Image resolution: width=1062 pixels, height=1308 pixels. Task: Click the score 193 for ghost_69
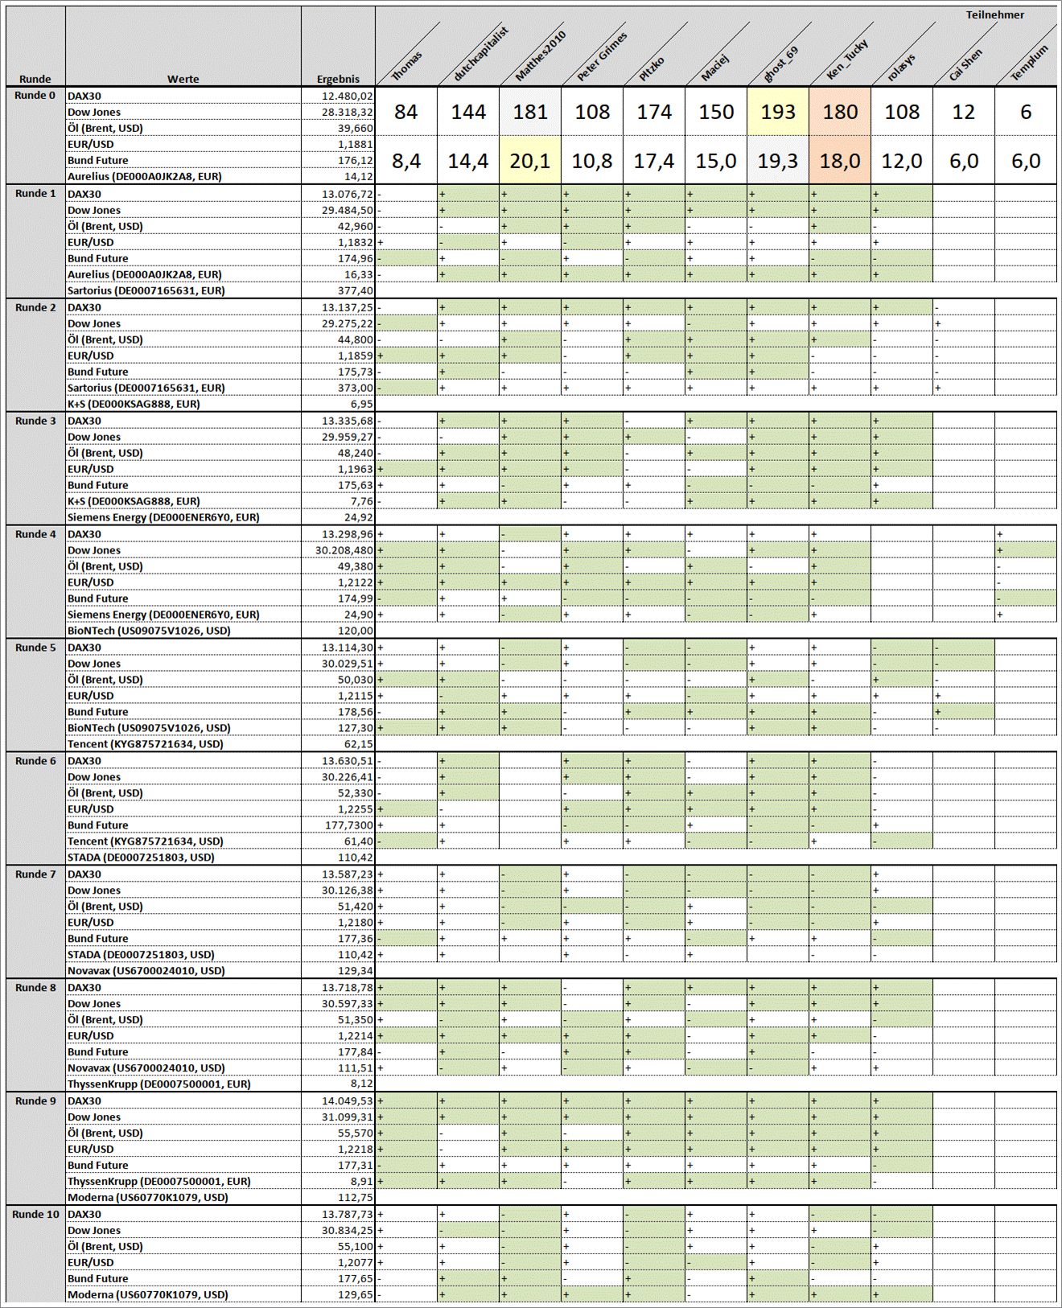pos(778,112)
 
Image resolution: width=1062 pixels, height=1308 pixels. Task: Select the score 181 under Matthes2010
pos(530,112)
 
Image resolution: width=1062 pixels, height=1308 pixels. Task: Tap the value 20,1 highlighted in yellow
pos(530,161)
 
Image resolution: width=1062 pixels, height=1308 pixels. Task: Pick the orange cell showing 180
pos(840,112)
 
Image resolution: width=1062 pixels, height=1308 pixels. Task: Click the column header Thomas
pos(407,66)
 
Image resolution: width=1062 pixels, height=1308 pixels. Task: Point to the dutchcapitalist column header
pos(480,55)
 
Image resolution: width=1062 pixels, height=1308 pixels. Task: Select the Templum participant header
pos(1029,63)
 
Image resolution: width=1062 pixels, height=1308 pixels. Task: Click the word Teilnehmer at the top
pos(994,14)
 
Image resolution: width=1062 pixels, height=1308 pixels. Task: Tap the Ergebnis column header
pos(338,79)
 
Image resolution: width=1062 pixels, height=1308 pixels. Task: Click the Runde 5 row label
pos(35,648)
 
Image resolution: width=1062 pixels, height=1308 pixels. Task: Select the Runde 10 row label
pos(35,1214)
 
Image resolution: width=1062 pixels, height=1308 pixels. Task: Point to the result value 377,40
pos(355,290)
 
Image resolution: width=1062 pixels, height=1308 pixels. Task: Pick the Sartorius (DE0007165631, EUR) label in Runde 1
pos(146,290)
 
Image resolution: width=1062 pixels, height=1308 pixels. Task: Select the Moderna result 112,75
pos(355,1197)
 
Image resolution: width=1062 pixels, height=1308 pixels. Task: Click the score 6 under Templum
pos(1026,112)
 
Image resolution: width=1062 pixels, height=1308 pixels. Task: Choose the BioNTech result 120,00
pos(355,631)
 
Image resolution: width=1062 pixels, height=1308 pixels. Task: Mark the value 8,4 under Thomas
pos(406,161)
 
